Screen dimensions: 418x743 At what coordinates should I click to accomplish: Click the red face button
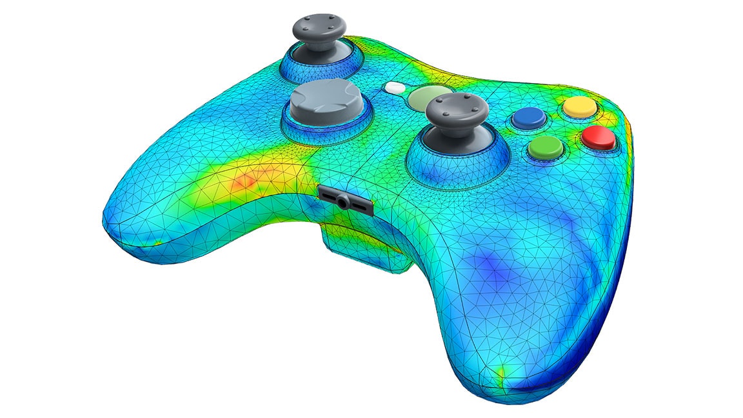pos(597,137)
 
